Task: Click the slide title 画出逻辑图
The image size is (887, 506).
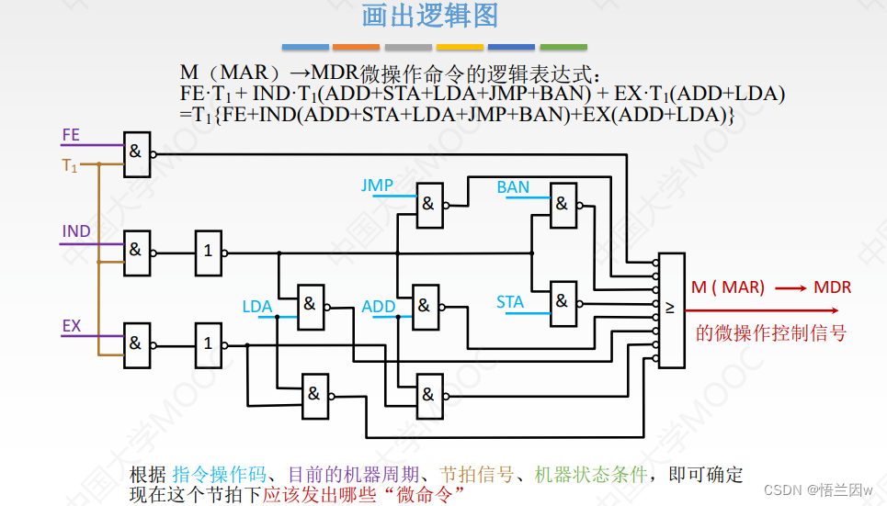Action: [x=429, y=17]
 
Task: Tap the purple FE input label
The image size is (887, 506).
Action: [x=71, y=135]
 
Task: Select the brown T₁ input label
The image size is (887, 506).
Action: [x=70, y=166]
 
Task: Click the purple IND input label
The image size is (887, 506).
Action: [x=76, y=231]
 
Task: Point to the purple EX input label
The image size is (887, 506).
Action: [x=72, y=325]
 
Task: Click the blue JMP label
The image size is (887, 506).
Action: [x=377, y=186]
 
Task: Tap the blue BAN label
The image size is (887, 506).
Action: [x=513, y=187]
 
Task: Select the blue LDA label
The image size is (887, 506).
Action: [x=257, y=306]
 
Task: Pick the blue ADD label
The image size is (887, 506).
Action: [x=379, y=306]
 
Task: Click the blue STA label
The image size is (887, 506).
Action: [x=510, y=301]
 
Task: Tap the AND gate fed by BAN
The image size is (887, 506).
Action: [x=563, y=204]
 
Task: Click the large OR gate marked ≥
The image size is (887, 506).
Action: [x=671, y=310]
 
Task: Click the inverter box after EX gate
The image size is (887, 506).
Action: [x=208, y=343]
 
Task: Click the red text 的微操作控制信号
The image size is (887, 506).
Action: [x=770, y=332]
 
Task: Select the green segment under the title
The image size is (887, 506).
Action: [x=563, y=46]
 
